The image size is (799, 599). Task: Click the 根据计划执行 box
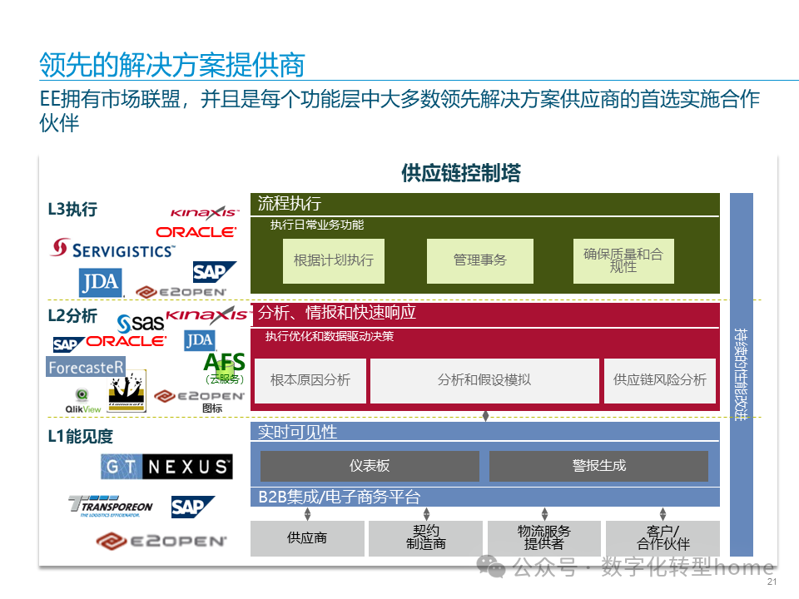coord(333,260)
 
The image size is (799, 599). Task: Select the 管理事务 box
coord(480,260)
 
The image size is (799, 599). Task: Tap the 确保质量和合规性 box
coord(623,260)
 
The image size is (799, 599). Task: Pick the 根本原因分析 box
coord(310,380)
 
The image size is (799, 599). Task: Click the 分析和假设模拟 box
coord(484,380)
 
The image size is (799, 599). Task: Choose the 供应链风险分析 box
coord(660,380)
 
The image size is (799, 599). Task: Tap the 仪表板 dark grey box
coord(370,466)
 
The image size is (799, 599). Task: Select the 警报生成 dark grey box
coord(598,466)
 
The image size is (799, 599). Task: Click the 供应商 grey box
coord(307,538)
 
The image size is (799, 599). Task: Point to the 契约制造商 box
coord(426,538)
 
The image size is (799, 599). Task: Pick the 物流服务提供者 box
coord(544,538)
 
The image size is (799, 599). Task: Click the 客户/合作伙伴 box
coord(663,538)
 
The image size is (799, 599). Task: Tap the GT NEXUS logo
coord(166,467)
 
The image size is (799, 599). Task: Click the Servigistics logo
coord(113,248)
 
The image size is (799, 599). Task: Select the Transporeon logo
coord(112,506)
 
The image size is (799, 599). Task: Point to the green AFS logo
coord(225,364)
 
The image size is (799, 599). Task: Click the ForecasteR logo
coord(87,367)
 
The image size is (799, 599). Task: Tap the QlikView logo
coord(83,400)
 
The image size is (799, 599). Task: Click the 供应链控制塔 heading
coord(461,173)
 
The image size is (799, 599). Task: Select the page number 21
coord(771,582)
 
